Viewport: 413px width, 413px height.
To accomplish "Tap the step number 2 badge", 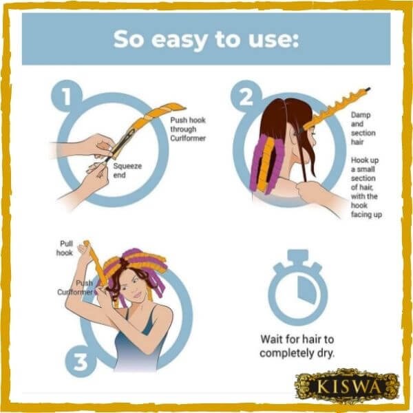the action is (246, 96).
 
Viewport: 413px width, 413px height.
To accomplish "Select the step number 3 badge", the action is (81, 362).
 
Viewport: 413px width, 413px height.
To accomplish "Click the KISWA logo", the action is (348, 386).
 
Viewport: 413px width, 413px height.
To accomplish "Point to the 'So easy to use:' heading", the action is (206, 39).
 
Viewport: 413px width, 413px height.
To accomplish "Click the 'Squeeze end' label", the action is (127, 171).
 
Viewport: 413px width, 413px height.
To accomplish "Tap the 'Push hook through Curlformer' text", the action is (188, 129).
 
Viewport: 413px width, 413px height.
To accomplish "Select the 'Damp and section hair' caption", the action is (363, 128).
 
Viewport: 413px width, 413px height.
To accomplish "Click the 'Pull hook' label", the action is (65, 248).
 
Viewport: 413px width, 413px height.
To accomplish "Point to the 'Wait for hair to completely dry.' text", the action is (297, 346).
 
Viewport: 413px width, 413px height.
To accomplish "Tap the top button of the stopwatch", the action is (297, 255).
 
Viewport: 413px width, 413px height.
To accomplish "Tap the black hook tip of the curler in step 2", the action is (368, 89).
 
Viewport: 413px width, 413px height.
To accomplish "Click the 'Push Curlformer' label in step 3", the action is (75, 288).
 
